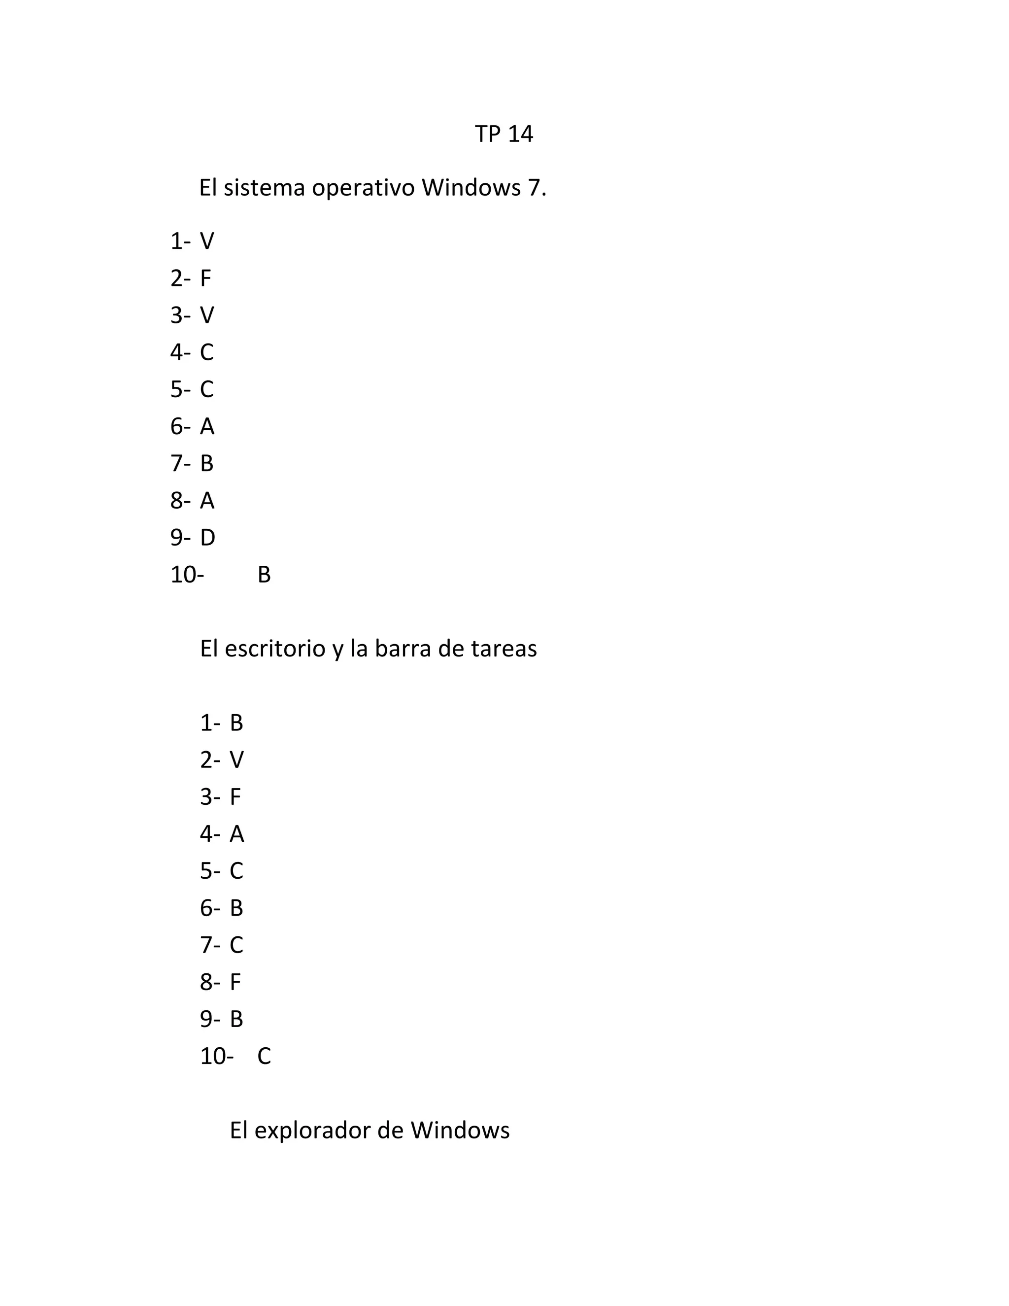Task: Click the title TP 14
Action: point(504,134)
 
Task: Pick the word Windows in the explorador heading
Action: point(460,1130)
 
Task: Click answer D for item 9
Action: point(207,538)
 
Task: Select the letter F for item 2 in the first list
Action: point(205,278)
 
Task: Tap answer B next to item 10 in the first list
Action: point(264,575)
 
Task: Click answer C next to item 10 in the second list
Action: point(264,1057)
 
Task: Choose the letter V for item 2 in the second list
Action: point(236,760)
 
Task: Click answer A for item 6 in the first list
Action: point(207,427)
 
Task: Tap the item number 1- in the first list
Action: point(180,241)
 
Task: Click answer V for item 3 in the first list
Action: point(207,316)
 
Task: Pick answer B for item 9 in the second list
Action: point(236,1020)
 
